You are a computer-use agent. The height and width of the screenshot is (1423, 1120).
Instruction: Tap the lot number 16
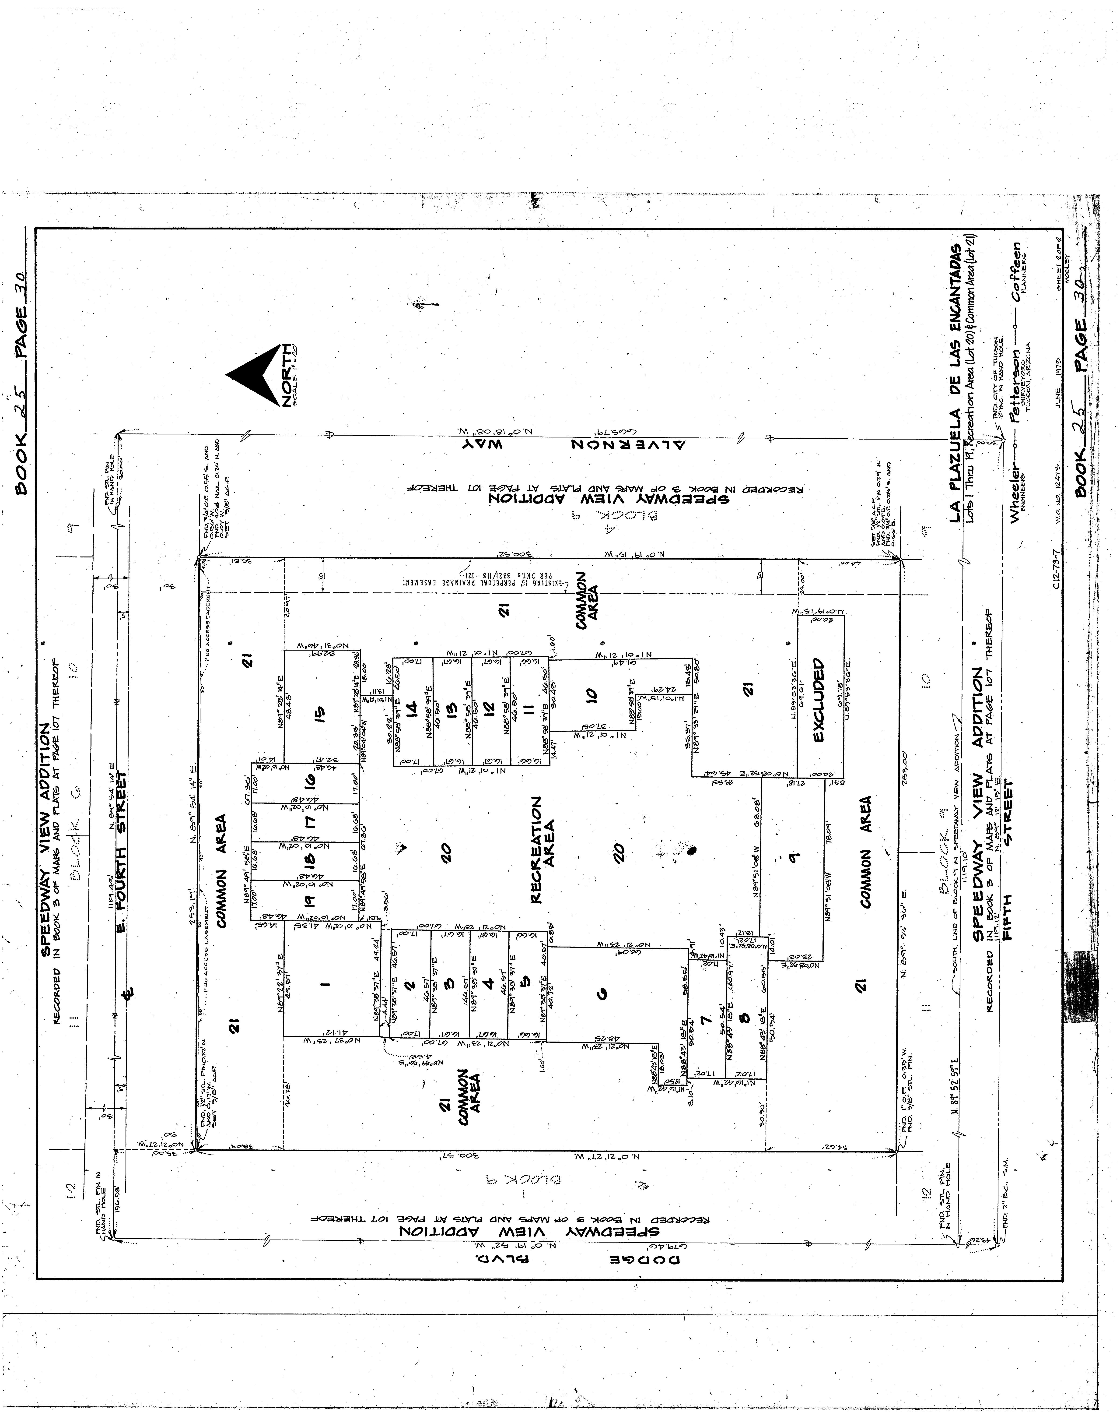tap(311, 781)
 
